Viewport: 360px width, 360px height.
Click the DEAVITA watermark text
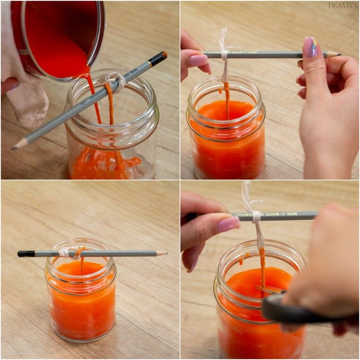[x=343, y=5]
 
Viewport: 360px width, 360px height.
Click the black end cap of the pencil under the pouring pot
[x=158, y=58]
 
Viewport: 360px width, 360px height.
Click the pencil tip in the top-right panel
[x=336, y=54]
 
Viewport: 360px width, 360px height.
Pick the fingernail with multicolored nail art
[x=310, y=47]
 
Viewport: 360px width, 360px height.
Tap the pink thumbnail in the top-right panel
[x=198, y=60]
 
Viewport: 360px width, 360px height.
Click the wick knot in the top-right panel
[x=224, y=54]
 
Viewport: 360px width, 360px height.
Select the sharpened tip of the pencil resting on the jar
[x=162, y=253]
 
